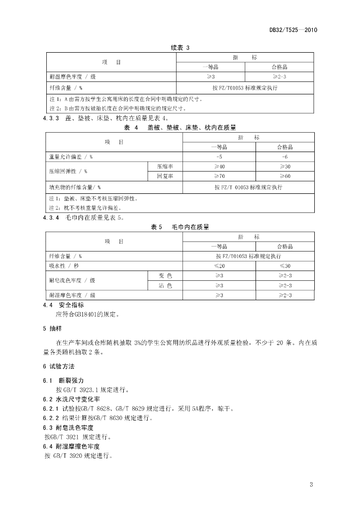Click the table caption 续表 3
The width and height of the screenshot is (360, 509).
[x=180, y=48]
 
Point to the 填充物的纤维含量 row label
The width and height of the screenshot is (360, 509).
[x=75, y=187]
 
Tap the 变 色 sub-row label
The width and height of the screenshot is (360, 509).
[x=165, y=275]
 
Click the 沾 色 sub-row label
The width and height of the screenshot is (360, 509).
[x=165, y=285]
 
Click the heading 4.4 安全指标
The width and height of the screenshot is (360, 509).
[x=63, y=305]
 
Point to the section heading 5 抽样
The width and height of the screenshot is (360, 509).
[x=52, y=329]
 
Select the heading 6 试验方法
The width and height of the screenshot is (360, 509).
[x=59, y=366]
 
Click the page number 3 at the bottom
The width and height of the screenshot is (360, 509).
[x=311, y=485]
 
